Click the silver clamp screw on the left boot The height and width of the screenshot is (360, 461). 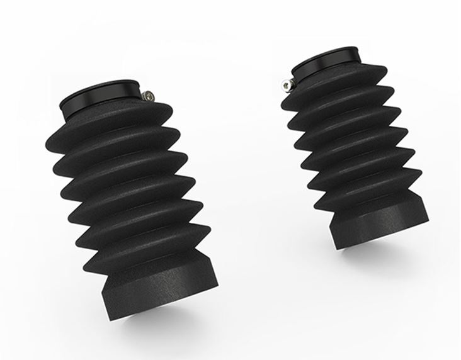(148, 95)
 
